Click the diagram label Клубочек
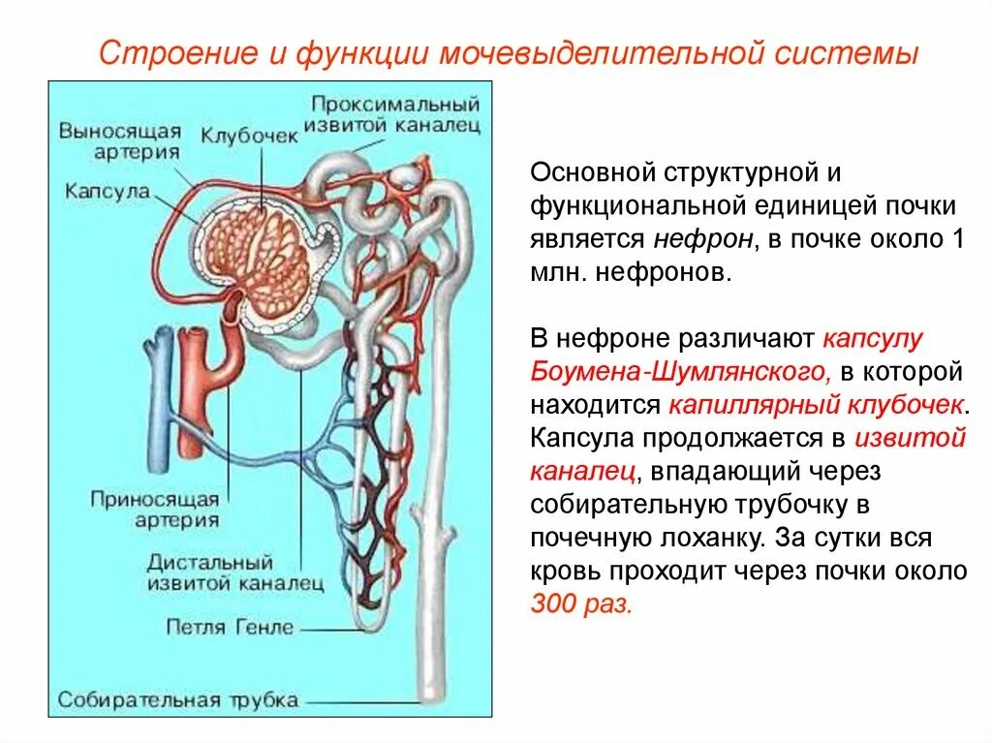tap(249, 136)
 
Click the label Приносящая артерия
tap(154, 510)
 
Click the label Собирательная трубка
tap(177, 699)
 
